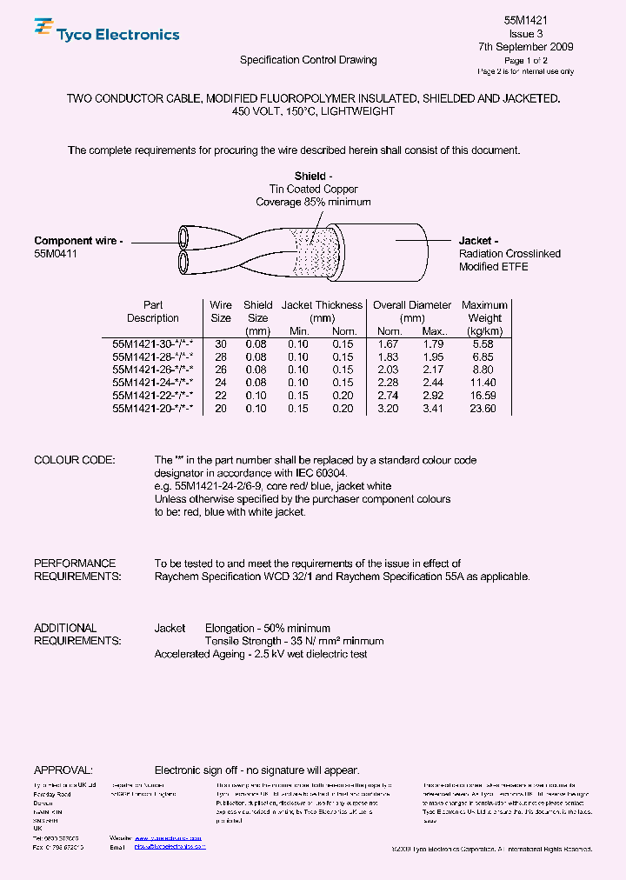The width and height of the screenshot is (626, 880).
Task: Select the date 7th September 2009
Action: click(525, 47)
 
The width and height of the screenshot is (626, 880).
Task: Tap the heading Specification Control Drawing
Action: click(308, 60)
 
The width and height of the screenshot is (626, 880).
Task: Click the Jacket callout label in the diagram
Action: click(478, 241)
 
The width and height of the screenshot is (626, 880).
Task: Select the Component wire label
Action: click(78, 241)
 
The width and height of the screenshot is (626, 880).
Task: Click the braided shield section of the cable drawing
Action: click(313, 249)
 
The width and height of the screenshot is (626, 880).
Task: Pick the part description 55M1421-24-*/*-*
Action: click(152, 383)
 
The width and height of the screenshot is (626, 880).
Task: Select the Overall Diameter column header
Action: click(412, 305)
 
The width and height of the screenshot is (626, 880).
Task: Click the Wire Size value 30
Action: click(221, 344)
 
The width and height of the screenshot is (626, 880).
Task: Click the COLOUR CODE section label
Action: click(74, 460)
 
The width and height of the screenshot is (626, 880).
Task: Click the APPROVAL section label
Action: click(63, 770)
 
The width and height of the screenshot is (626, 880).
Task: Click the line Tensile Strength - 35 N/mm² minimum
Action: click(294, 641)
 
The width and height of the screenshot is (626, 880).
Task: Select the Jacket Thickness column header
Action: click(321, 305)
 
